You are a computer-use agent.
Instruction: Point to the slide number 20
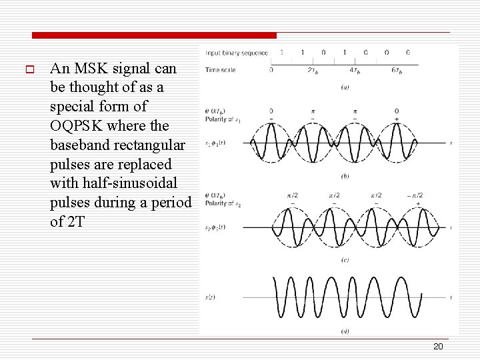click(x=438, y=347)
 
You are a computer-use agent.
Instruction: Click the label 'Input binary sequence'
click(x=237, y=53)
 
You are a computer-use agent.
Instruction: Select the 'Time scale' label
click(x=221, y=69)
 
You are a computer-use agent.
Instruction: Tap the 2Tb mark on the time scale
click(x=312, y=70)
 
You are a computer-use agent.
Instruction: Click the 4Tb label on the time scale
click(x=354, y=70)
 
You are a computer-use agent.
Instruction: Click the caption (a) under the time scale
click(x=345, y=87)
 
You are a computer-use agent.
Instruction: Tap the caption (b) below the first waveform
click(x=345, y=176)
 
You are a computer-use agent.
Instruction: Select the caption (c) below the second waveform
click(x=345, y=260)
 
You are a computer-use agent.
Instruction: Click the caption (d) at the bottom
click(x=345, y=331)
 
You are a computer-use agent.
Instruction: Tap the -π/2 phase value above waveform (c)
click(x=415, y=195)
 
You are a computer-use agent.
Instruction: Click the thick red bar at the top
click(x=153, y=35)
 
